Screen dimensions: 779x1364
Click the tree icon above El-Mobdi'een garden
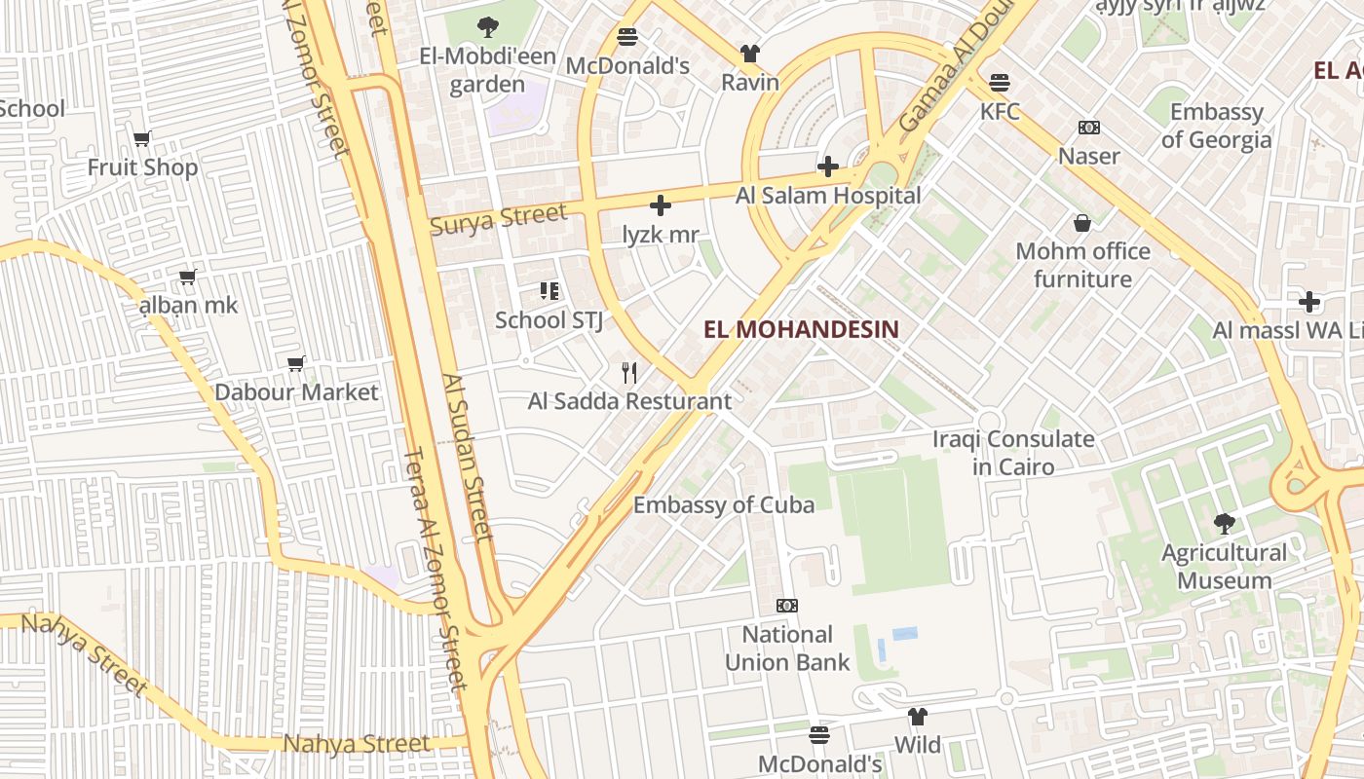point(487,27)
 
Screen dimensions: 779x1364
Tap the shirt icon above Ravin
point(749,53)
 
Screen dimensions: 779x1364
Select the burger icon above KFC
point(1000,82)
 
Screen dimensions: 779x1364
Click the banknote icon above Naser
point(1088,128)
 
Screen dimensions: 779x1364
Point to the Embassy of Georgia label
point(1216,126)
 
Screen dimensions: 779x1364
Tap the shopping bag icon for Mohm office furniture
point(1081,223)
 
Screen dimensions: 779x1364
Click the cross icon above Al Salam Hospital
point(828,167)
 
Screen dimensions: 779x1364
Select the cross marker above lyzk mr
point(661,205)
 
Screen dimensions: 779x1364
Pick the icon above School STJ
point(549,290)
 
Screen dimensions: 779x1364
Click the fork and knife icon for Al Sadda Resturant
point(629,372)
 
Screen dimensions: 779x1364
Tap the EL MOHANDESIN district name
point(801,329)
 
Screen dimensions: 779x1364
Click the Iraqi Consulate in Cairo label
point(1013,453)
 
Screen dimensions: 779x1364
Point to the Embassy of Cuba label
point(724,504)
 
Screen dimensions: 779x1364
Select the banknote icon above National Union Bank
point(787,606)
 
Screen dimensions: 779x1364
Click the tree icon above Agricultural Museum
point(1224,524)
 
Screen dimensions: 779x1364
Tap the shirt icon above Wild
point(917,717)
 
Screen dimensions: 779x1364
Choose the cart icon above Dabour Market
point(296,363)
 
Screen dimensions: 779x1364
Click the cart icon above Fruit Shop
point(142,138)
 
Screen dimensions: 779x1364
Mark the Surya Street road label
point(498,218)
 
